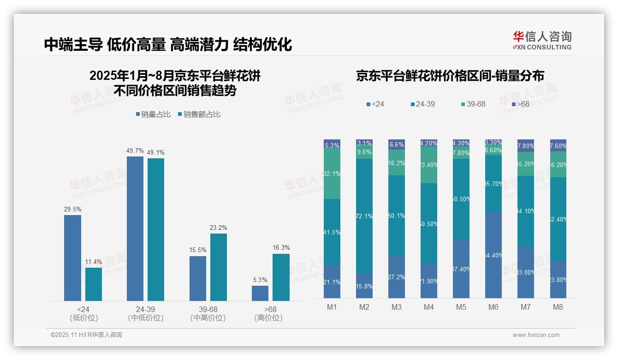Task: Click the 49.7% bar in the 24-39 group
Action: tap(135, 228)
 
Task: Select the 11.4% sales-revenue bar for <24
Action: tap(94, 284)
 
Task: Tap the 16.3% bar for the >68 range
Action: tap(281, 277)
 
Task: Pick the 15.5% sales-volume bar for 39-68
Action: tap(198, 278)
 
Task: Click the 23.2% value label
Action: tap(219, 228)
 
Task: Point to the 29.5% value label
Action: tap(72, 210)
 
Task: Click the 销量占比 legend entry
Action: tap(154, 114)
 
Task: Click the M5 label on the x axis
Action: tap(461, 307)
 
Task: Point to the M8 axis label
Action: tap(558, 307)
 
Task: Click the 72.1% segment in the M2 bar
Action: tap(364, 216)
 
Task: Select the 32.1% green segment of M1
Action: tap(332, 174)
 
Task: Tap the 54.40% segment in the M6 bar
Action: tap(493, 255)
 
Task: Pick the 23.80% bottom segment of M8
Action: tap(558, 279)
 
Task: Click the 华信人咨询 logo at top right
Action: tap(542, 41)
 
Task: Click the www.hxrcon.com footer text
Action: tap(536, 335)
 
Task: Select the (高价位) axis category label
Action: tap(268, 318)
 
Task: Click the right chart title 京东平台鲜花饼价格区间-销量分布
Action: tap(450, 76)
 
